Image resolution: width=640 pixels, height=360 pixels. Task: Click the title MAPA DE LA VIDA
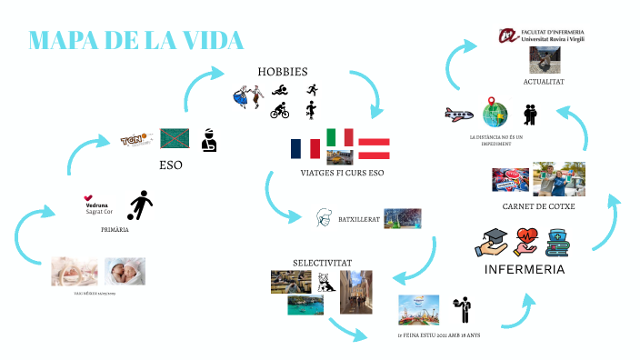click(x=137, y=41)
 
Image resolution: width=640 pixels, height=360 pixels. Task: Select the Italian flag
click(x=340, y=137)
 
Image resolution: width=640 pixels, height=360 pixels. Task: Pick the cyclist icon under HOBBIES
click(x=279, y=112)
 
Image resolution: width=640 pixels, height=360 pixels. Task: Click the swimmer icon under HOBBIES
click(x=280, y=89)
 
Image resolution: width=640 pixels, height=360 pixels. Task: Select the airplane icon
click(x=459, y=115)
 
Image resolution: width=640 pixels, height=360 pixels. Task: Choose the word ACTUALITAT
click(x=545, y=82)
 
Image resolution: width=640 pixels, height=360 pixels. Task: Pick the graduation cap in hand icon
click(x=491, y=242)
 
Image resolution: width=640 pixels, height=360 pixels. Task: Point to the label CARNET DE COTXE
click(x=538, y=206)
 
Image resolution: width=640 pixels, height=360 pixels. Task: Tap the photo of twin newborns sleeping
click(x=125, y=271)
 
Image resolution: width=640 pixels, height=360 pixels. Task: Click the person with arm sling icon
click(x=209, y=139)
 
